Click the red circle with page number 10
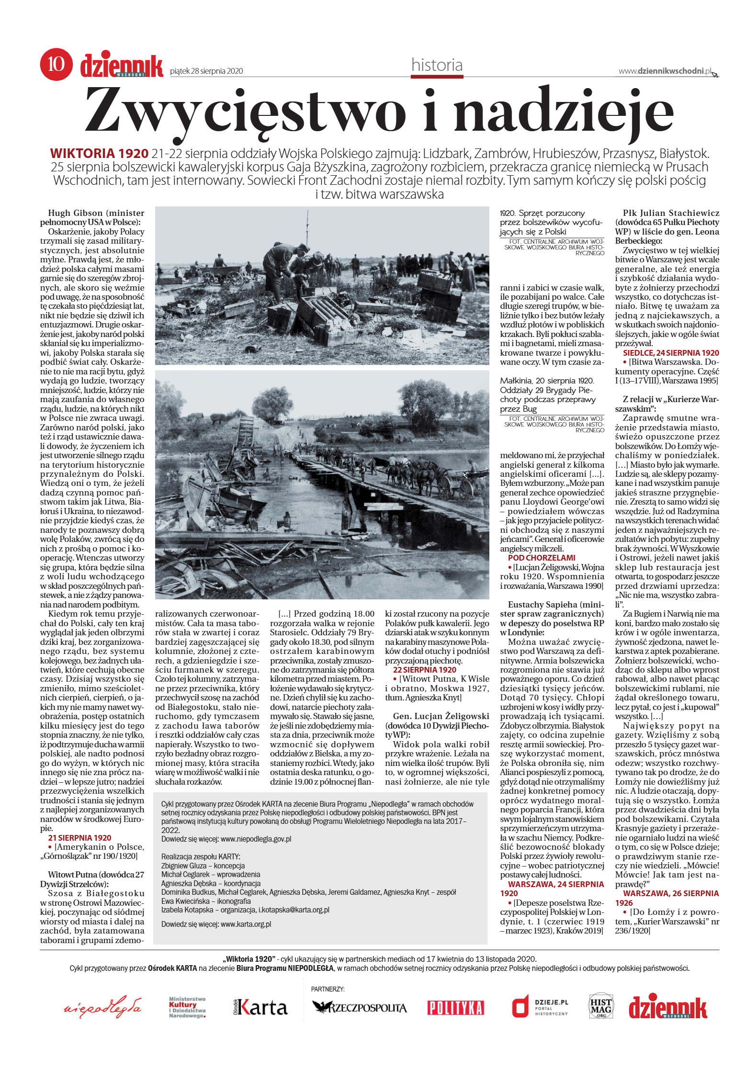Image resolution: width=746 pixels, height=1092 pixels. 56,64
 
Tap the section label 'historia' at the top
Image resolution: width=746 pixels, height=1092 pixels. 437,65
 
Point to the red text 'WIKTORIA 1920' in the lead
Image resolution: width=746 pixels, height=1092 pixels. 99,154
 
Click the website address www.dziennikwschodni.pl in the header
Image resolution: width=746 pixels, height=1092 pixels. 665,71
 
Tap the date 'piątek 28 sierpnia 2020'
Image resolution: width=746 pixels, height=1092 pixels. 206,71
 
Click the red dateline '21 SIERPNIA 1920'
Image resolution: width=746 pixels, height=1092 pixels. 79,838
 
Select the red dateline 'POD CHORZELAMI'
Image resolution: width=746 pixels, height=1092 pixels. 541,558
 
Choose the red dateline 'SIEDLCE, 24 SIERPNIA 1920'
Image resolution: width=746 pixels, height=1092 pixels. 671,353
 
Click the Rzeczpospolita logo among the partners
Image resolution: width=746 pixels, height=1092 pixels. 359,1007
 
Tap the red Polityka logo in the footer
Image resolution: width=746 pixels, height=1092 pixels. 455,1007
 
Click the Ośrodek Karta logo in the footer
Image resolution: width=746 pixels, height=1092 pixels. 260,1007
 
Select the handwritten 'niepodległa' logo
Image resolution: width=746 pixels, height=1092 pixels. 102,1007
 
